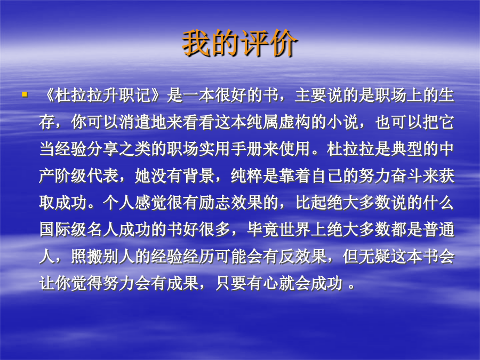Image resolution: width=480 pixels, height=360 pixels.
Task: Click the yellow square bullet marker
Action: (x=25, y=94)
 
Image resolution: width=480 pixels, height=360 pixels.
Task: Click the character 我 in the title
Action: (x=196, y=43)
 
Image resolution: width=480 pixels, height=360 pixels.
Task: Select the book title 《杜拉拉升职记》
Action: (x=102, y=95)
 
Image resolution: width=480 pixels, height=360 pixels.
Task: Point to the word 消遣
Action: (x=135, y=122)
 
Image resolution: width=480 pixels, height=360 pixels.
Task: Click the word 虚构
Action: (x=295, y=122)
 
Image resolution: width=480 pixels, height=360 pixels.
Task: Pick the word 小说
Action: (x=343, y=122)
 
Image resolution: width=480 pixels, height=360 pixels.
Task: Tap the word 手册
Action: (x=247, y=149)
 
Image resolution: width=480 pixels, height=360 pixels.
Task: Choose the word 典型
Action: (x=407, y=149)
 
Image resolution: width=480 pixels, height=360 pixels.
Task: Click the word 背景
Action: (x=199, y=176)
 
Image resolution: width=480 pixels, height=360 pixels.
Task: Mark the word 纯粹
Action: (x=247, y=176)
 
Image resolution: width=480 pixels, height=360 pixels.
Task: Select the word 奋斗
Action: (x=407, y=176)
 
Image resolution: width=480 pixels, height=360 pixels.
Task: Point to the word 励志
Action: (x=215, y=203)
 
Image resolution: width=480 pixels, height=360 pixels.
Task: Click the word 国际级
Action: (x=63, y=229)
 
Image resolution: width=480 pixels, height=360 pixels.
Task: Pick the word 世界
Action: (x=295, y=229)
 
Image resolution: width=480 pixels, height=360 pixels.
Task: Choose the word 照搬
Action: (x=87, y=257)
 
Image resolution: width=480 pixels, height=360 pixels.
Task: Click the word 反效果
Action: (x=303, y=257)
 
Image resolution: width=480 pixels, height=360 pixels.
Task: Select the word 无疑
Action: (x=375, y=257)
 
